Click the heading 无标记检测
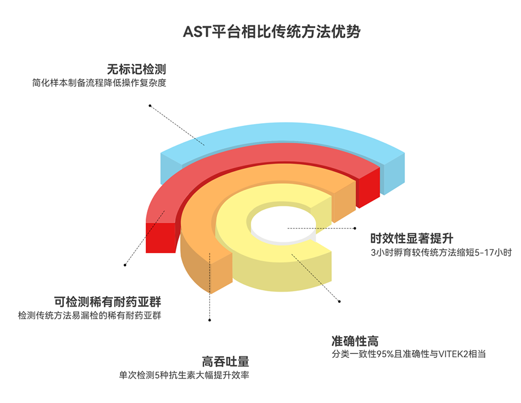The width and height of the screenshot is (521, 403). pyautogui.click(x=136, y=70)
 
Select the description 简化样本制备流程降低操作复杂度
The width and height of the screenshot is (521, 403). pyautogui.click(x=99, y=83)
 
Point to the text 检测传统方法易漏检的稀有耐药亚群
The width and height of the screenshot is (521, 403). pyautogui.click(x=89, y=315)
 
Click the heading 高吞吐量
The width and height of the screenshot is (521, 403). pyautogui.click(x=225, y=361)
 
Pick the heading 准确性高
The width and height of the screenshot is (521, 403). pyautogui.click(x=355, y=341)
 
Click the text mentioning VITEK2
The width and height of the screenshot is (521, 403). pyautogui.click(x=409, y=354)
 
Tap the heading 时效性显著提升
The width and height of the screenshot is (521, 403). pyautogui.click(x=412, y=238)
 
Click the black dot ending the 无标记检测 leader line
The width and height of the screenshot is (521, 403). pyautogui.click(x=148, y=106)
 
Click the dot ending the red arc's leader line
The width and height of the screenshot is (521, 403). pyautogui.click(x=125, y=265)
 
